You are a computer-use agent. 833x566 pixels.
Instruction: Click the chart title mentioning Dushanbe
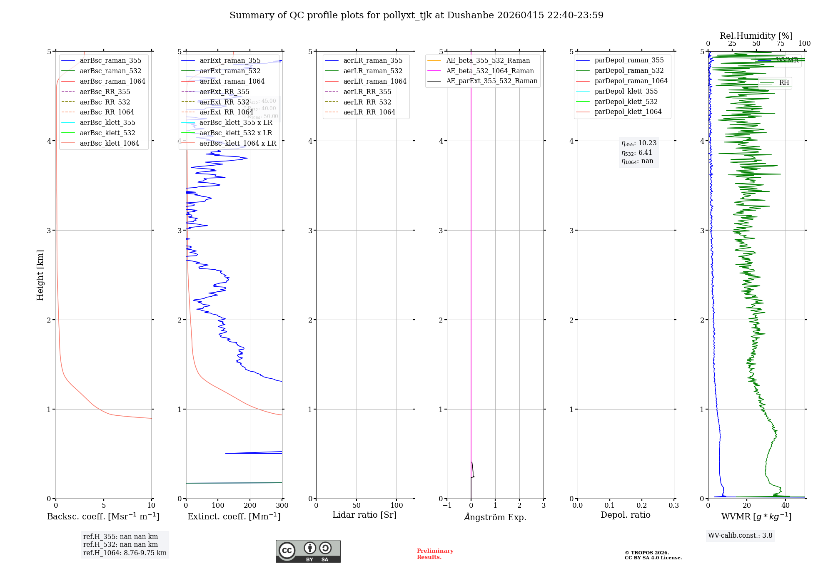(416, 15)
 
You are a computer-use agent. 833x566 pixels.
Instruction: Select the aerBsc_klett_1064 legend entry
(109, 143)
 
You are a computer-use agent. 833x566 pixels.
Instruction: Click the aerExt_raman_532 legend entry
(230, 71)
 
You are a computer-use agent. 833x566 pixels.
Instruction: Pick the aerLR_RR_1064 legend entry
(369, 112)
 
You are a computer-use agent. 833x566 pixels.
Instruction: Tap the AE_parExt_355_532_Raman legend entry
(491, 81)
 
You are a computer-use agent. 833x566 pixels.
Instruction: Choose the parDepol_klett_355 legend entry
(626, 91)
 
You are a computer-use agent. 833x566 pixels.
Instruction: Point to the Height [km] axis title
(40, 275)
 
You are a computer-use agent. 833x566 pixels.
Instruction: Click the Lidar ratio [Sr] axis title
(364, 515)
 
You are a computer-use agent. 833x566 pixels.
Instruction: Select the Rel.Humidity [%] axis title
(756, 36)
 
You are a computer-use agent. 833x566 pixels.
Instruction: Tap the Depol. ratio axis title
(625, 515)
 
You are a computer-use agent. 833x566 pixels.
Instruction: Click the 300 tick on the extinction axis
(282, 505)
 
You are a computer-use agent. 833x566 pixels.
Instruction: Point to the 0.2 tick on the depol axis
(642, 505)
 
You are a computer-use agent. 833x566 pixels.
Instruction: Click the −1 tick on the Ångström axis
(447, 505)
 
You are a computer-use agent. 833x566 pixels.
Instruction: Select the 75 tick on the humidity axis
(780, 43)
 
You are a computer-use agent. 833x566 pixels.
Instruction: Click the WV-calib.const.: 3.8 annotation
(740, 535)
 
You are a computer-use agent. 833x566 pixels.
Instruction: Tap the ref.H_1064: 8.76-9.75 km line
(125, 553)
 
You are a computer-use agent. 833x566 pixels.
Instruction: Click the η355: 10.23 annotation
(638, 143)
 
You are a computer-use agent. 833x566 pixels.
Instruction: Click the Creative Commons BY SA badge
(308, 551)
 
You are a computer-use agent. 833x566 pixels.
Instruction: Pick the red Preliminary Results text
(435, 554)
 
